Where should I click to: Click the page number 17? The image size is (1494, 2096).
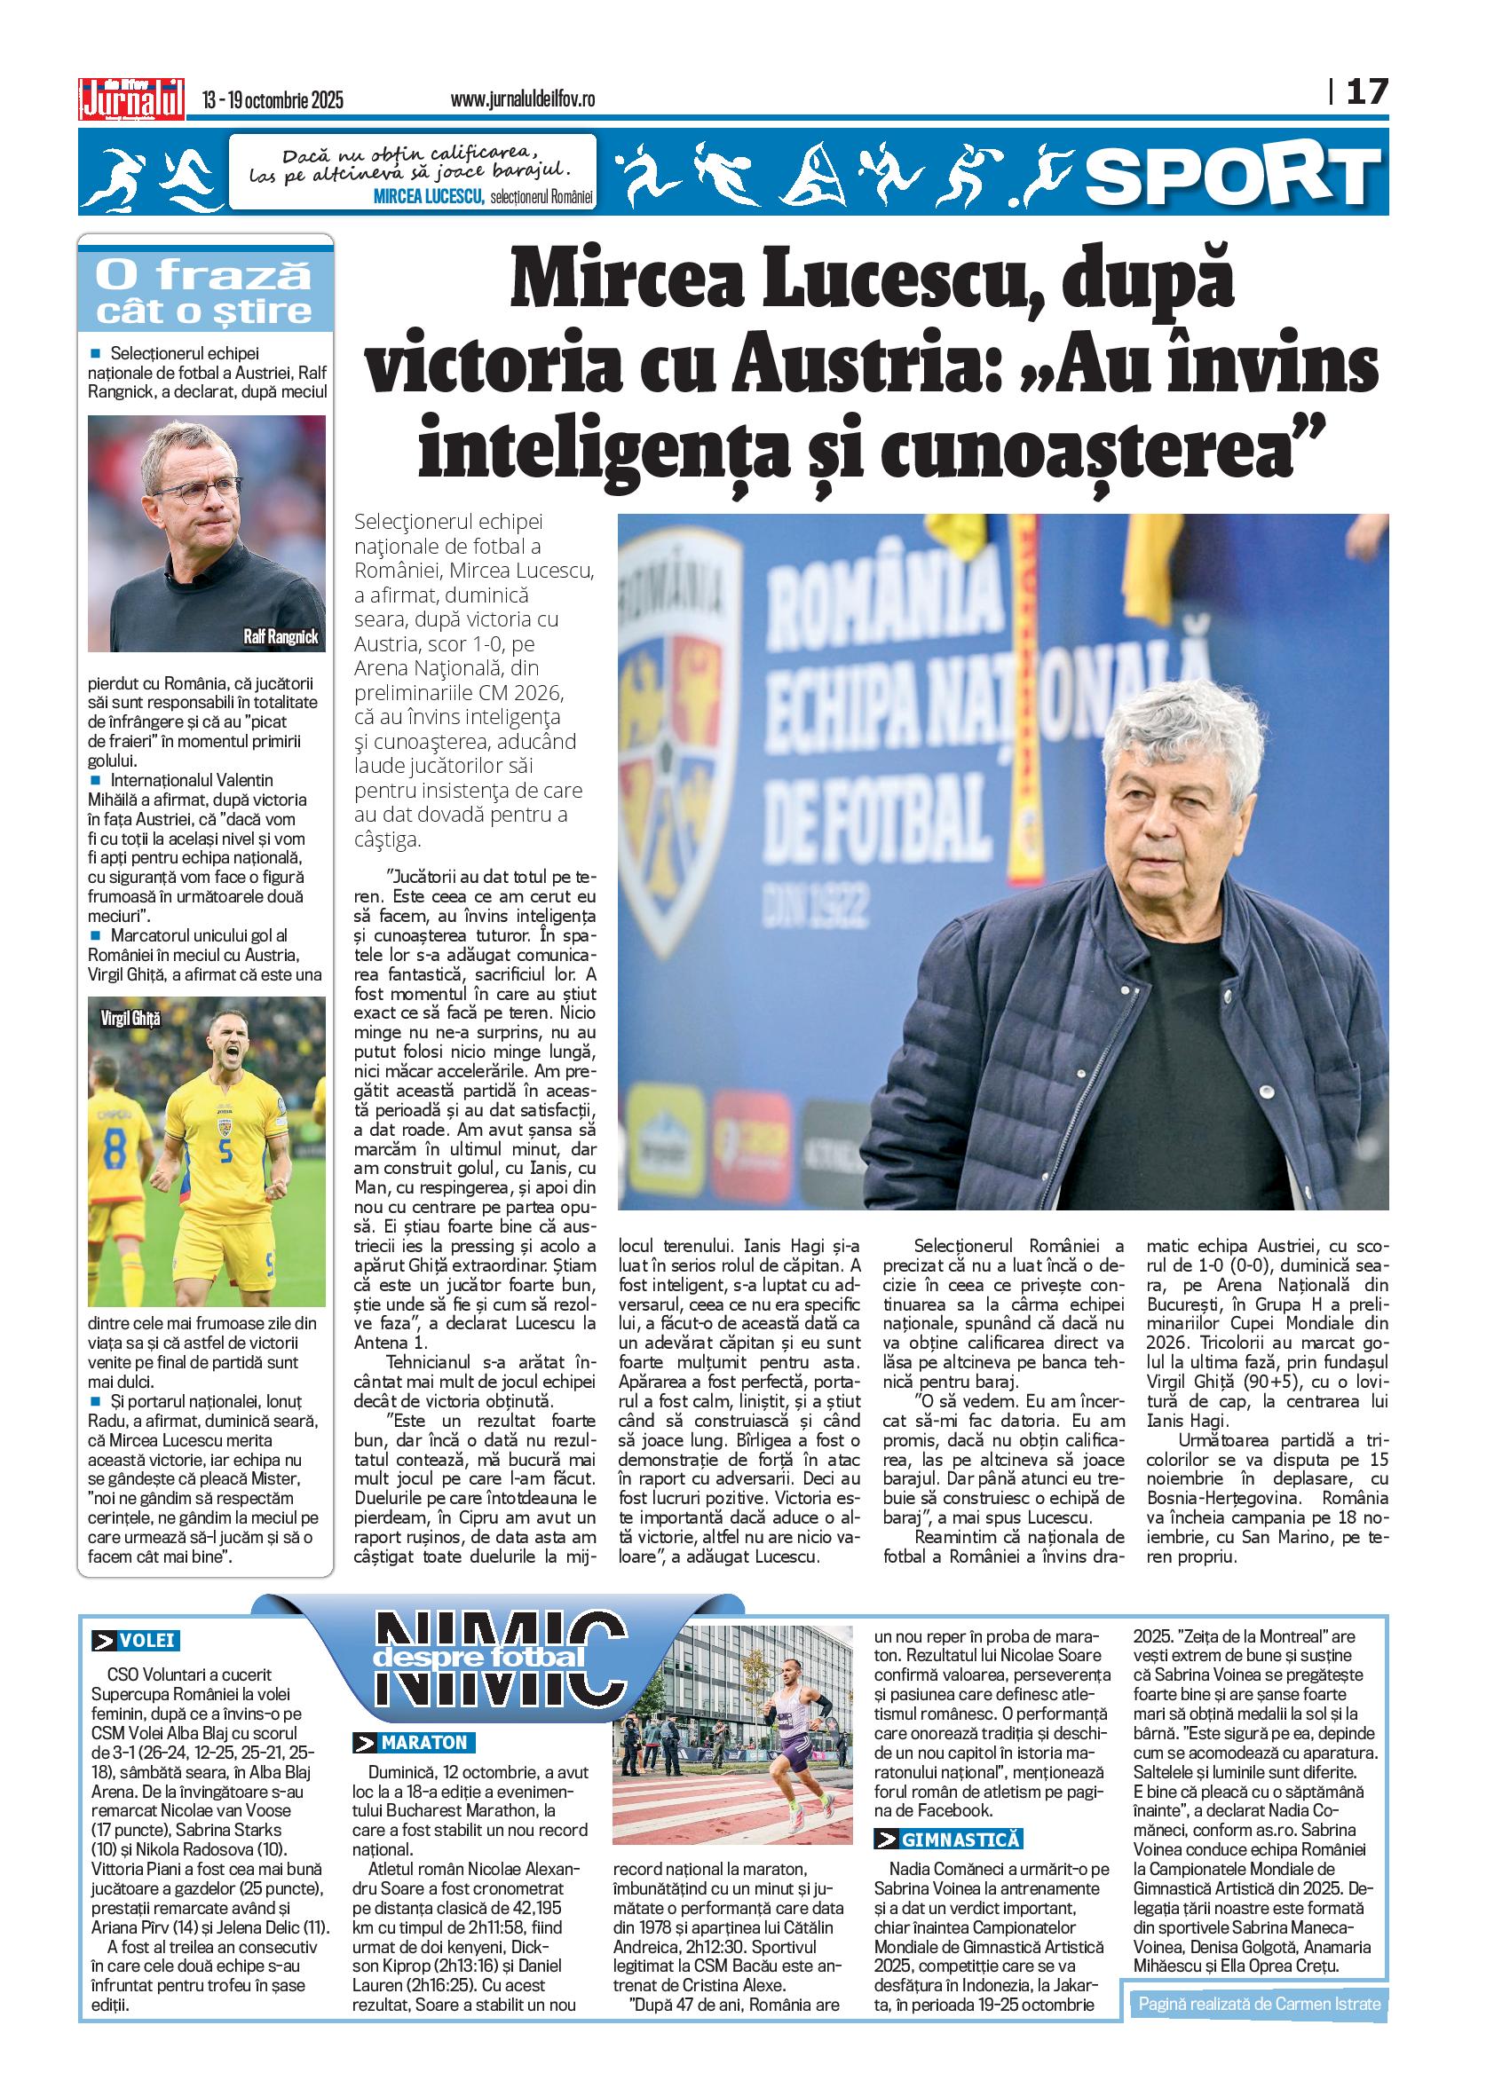(x=1366, y=92)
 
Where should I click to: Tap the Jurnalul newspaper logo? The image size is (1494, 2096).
(x=131, y=98)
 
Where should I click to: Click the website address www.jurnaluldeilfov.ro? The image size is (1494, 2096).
(x=522, y=99)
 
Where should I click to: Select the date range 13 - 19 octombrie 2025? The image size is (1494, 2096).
(x=273, y=99)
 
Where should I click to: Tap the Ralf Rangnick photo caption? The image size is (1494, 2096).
(x=280, y=636)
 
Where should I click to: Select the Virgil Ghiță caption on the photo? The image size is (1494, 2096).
(x=130, y=1018)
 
